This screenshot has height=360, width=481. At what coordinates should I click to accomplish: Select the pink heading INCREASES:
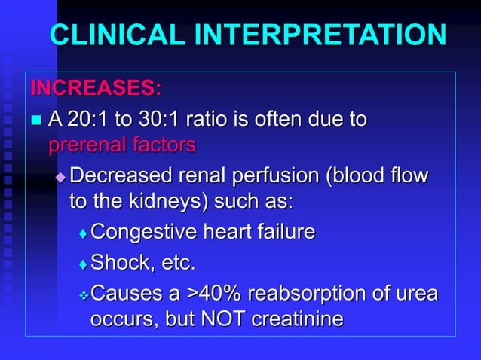[96, 88]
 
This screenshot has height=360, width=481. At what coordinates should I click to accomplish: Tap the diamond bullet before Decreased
[60, 178]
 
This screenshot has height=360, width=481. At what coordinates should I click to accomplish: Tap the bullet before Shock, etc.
[83, 264]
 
